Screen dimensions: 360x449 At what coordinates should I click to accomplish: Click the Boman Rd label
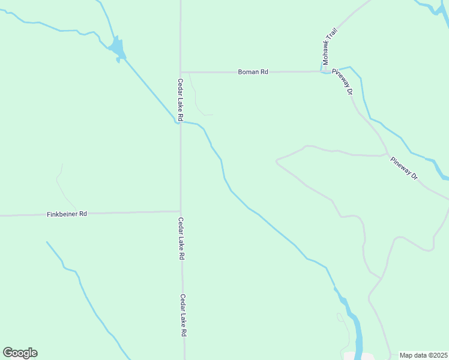pyautogui.click(x=253, y=72)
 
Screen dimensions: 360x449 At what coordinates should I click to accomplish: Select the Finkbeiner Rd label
pyautogui.click(x=67, y=214)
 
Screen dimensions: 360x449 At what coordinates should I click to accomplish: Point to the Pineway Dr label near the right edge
pyautogui.click(x=403, y=169)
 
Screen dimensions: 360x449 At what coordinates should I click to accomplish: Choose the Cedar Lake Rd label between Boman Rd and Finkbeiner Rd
pyautogui.click(x=179, y=100)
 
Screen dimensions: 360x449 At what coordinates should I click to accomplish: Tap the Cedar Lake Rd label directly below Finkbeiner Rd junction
pyautogui.click(x=181, y=238)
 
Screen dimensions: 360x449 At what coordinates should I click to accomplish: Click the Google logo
pyautogui.click(x=20, y=353)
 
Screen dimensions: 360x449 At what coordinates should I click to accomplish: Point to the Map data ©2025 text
pyautogui.click(x=423, y=355)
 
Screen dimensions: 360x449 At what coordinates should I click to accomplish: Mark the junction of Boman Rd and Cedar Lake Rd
pyautogui.click(x=181, y=72)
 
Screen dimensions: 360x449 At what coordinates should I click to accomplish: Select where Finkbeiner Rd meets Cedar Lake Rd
pyautogui.click(x=181, y=211)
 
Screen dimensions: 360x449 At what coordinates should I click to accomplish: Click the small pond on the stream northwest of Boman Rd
pyautogui.click(x=117, y=48)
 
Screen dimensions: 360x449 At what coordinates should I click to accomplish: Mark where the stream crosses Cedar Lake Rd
pyautogui.click(x=180, y=122)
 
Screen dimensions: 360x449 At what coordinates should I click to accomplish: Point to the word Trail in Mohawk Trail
pyautogui.click(x=330, y=37)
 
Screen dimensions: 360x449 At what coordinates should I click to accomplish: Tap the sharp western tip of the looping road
pyautogui.click(x=277, y=160)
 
